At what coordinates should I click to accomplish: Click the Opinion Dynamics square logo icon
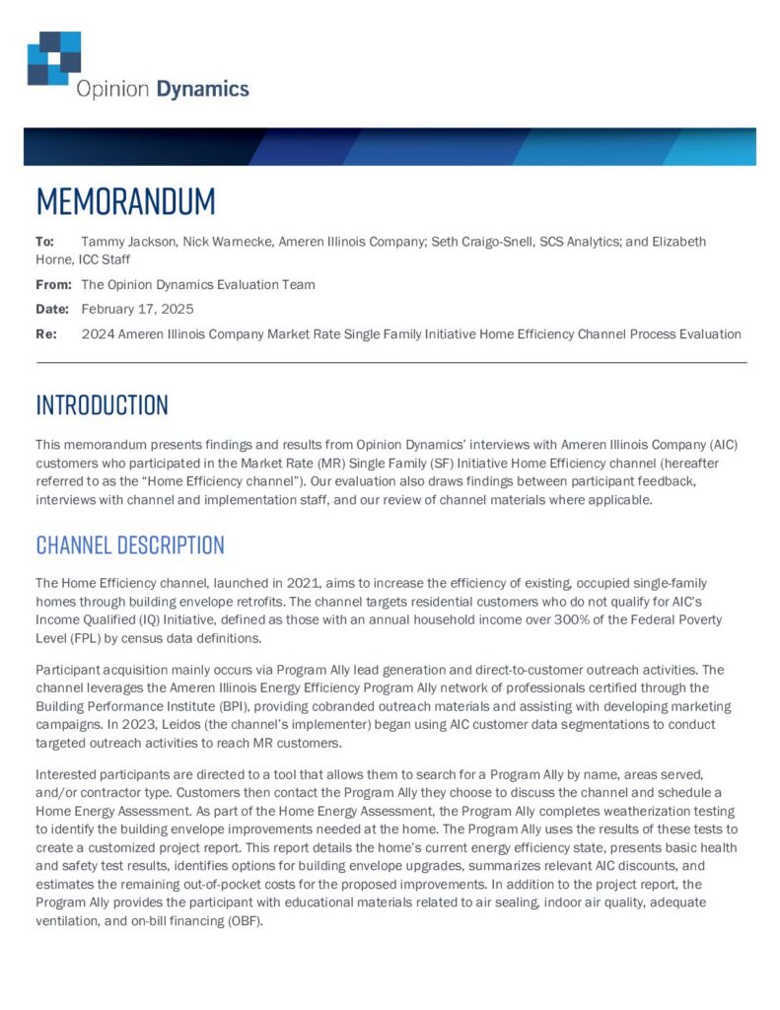click(54, 57)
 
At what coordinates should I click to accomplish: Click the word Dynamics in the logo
click(204, 89)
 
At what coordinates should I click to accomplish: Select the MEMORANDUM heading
click(125, 201)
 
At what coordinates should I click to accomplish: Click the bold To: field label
click(45, 242)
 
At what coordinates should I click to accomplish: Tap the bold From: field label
click(53, 285)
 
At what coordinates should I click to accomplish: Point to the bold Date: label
click(52, 310)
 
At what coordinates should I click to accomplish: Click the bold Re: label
click(46, 334)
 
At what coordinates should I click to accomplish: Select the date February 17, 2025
click(131, 310)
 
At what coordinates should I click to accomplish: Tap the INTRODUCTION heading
click(102, 405)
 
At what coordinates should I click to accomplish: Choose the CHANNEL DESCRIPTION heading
click(130, 545)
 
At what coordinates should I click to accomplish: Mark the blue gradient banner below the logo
click(390, 146)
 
